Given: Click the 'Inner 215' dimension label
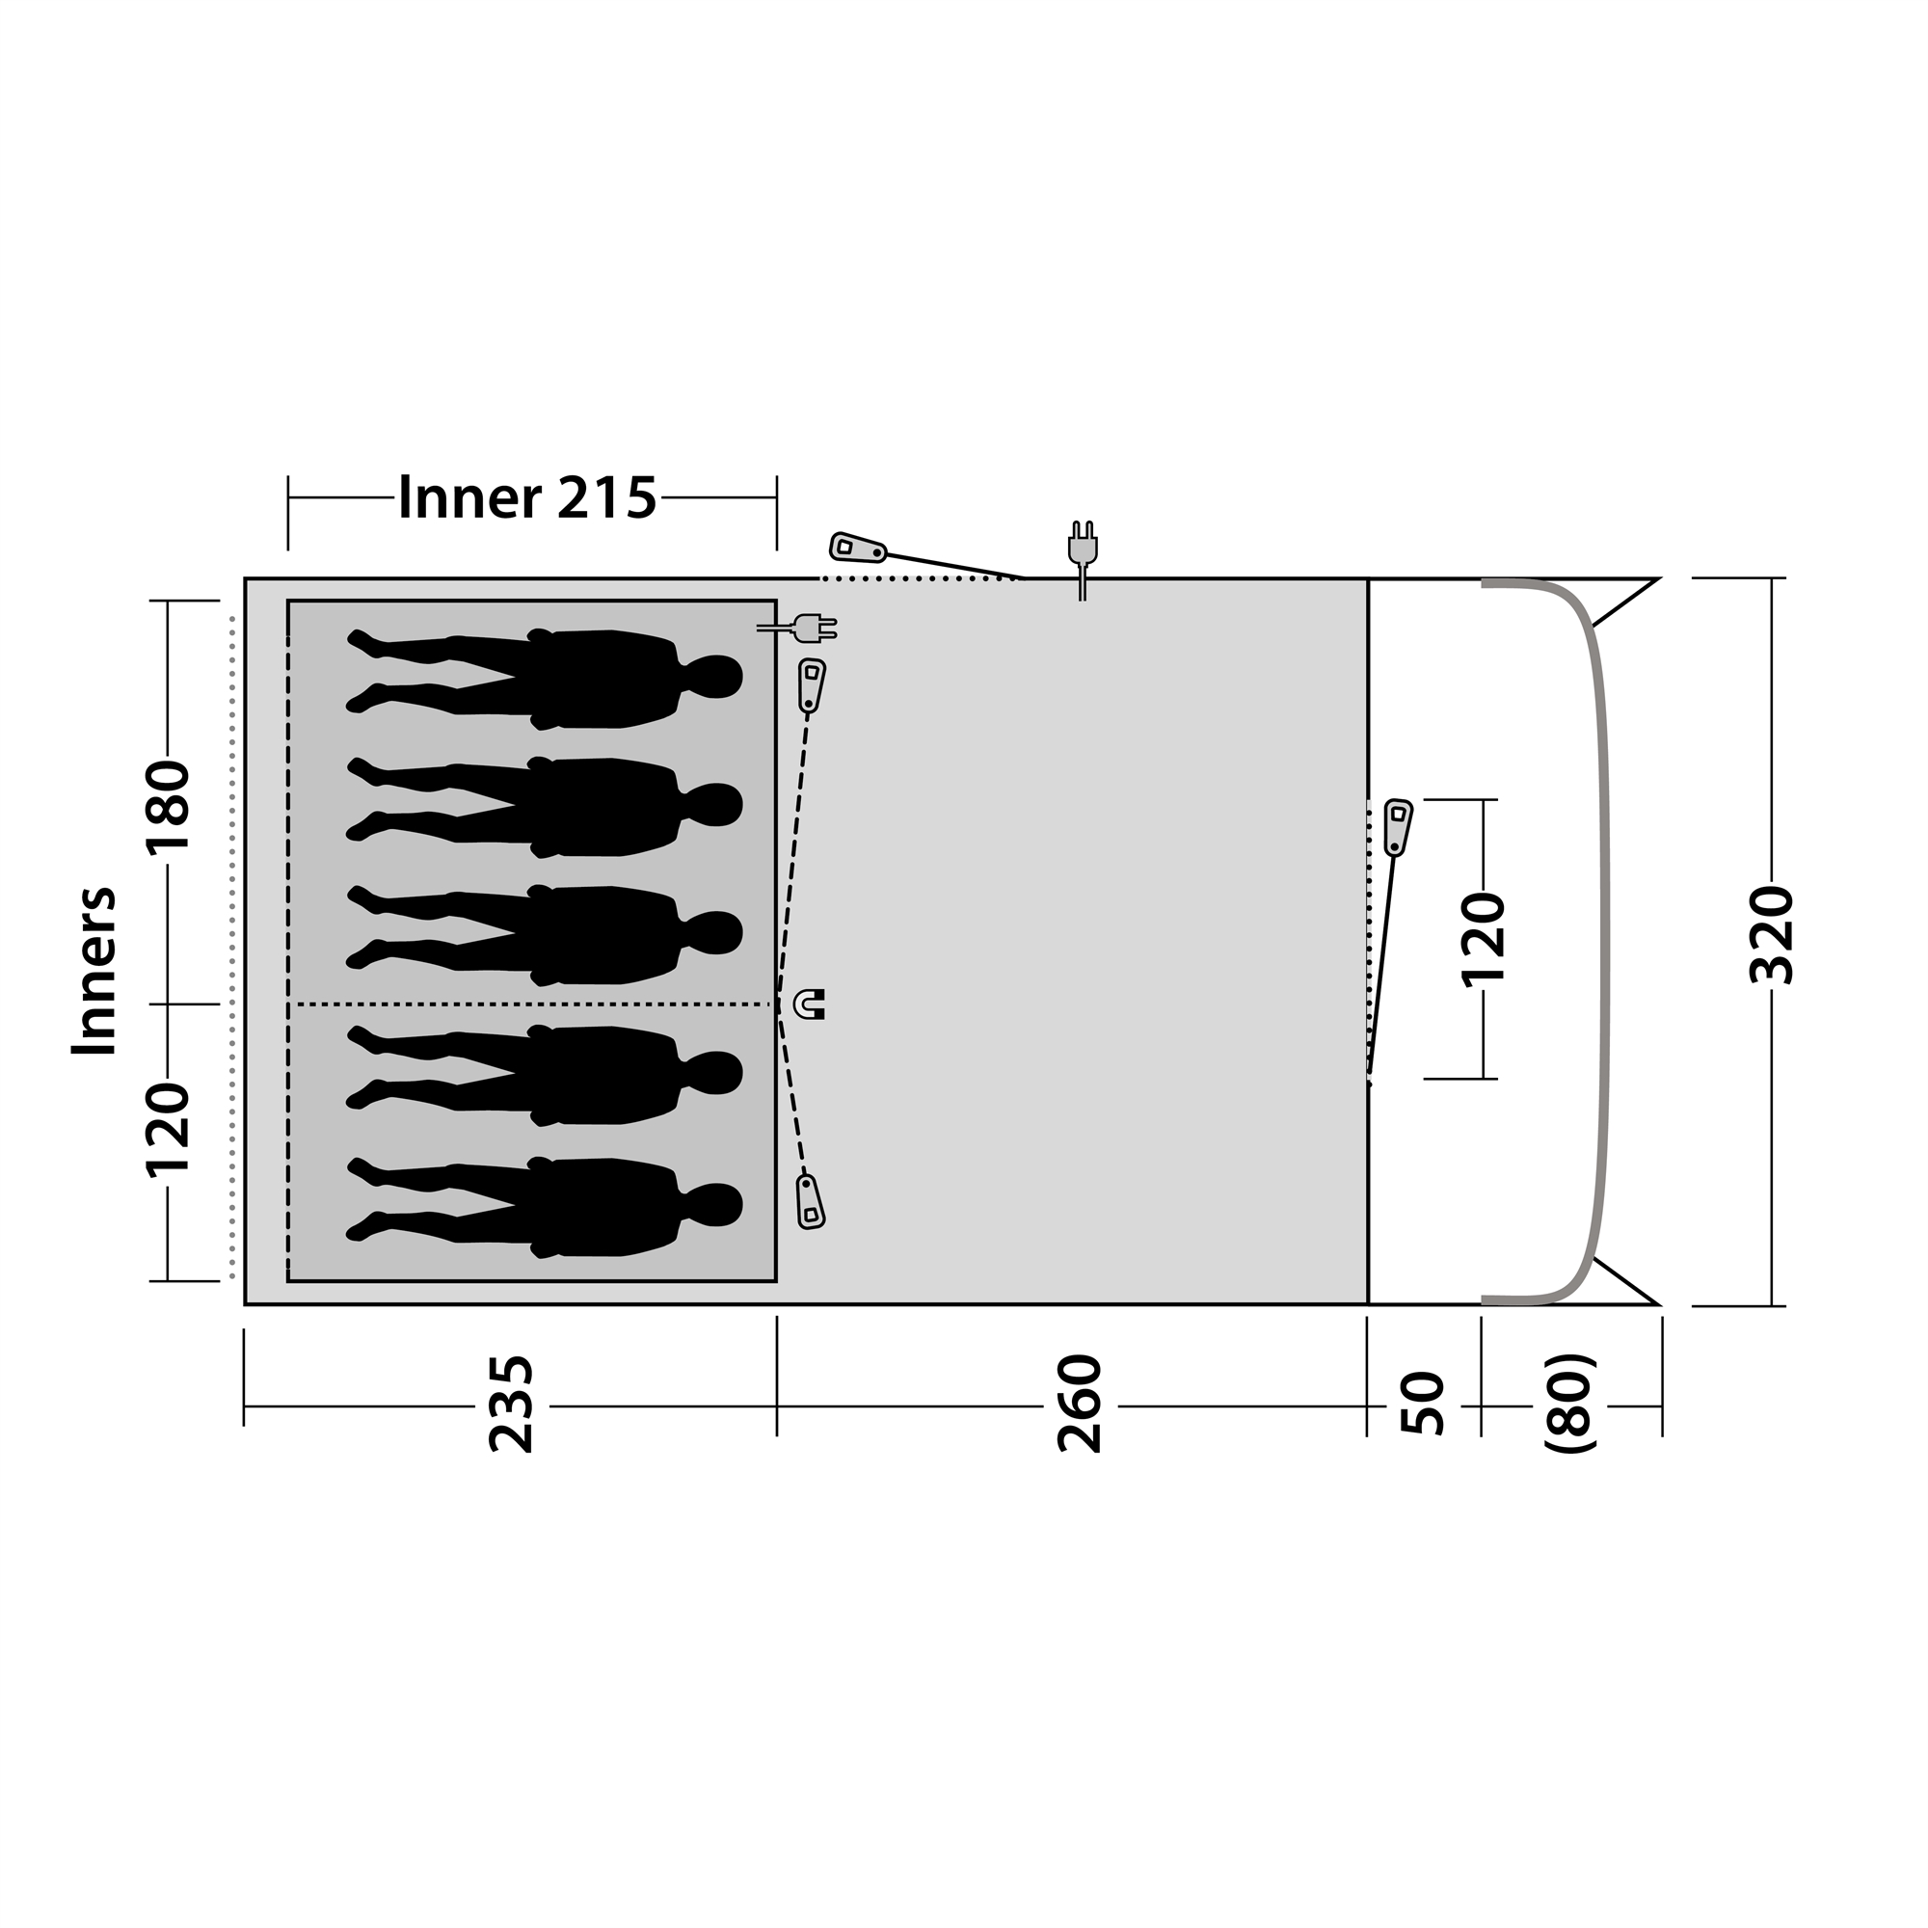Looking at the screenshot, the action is click(x=527, y=497).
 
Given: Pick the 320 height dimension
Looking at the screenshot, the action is click(x=1774, y=935).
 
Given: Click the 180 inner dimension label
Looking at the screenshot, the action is click(x=168, y=809).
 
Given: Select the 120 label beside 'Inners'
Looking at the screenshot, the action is click(x=168, y=1130).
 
